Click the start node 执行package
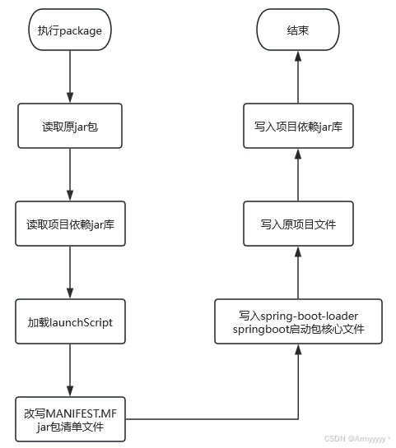(x=70, y=30)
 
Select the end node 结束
(x=298, y=30)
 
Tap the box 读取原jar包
(x=70, y=126)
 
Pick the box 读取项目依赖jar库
(x=70, y=224)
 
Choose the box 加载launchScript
(x=70, y=321)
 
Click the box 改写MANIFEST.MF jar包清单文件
(x=70, y=419)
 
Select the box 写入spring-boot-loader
(x=298, y=321)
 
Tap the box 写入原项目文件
(x=298, y=224)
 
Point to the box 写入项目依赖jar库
(x=298, y=126)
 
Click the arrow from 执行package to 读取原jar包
(x=70, y=76)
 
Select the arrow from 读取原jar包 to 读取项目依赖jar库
(x=70, y=174)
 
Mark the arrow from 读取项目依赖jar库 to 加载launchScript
(x=70, y=272)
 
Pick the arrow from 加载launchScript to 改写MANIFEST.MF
(x=70, y=370)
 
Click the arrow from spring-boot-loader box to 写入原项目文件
(x=298, y=272)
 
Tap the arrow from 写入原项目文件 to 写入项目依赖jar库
(x=298, y=174)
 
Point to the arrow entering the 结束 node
(x=298, y=76)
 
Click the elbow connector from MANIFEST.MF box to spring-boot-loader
(x=298, y=419)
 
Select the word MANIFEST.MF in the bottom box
(x=82, y=413)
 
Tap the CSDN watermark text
(x=357, y=439)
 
